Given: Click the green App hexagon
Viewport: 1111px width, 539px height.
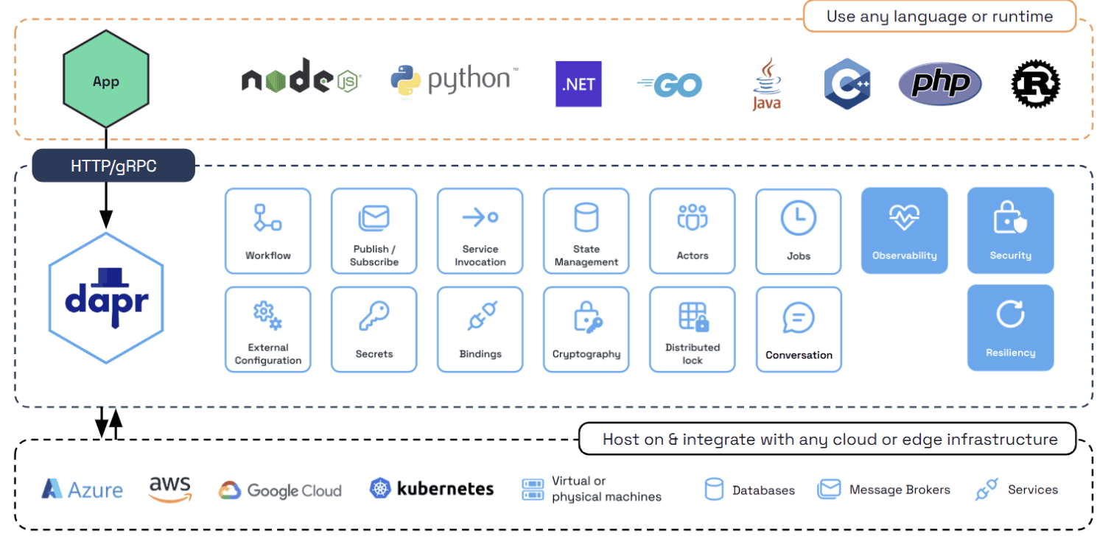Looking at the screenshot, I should click(x=106, y=81).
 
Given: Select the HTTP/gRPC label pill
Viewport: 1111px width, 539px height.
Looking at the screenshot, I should click(x=113, y=166).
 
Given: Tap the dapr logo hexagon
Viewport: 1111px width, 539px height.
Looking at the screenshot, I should click(x=106, y=298).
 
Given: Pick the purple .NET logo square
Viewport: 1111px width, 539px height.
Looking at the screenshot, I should click(x=578, y=84).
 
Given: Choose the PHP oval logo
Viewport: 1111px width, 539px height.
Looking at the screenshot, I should click(x=940, y=83).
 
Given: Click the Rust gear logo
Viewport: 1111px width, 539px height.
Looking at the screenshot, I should click(x=1035, y=83).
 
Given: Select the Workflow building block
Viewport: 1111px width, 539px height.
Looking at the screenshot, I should click(x=268, y=230).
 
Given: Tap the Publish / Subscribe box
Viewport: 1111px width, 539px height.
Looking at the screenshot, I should click(x=374, y=230).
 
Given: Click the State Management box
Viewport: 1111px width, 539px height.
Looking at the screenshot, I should click(x=586, y=230).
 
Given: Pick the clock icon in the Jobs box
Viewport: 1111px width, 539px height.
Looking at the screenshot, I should click(x=799, y=218).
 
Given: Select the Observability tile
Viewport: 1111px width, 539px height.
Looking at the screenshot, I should click(x=905, y=230).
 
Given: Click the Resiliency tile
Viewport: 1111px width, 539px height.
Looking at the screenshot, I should click(x=1011, y=328).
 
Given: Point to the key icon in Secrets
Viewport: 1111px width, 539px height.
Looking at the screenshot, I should click(x=374, y=317).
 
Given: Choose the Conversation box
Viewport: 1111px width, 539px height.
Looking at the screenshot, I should click(x=799, y=329).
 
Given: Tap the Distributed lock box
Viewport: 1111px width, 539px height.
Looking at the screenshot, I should click(x=693, y=329).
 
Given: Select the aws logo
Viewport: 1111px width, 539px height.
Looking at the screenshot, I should click(x=169, y=489).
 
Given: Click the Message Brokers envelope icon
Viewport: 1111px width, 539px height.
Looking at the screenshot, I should click(x=829, y=489).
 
